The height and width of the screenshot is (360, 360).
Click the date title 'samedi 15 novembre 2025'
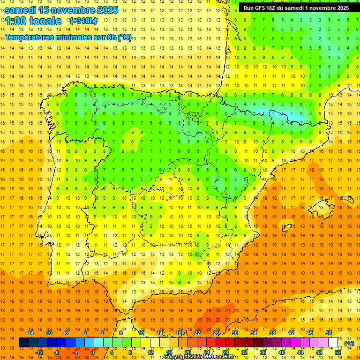[61, 10]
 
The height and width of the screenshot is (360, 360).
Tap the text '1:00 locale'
[33, 21]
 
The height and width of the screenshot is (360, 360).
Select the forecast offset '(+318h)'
[83, 21]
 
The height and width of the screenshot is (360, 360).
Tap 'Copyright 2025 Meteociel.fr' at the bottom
[199, 357]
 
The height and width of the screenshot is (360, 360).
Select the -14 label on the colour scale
[30, 333]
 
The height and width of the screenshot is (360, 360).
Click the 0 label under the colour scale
[93, 352]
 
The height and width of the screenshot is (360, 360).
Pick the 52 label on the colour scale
[338, 352]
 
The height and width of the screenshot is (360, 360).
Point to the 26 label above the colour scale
[216, 333]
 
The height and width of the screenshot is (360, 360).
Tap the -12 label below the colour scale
[39, 352]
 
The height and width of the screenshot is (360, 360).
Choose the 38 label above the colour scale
[272, 333]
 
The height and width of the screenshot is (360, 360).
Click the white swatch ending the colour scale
[333, 343]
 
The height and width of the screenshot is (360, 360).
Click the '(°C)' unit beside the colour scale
[349, 343]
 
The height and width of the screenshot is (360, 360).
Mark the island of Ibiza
[286, 228]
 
